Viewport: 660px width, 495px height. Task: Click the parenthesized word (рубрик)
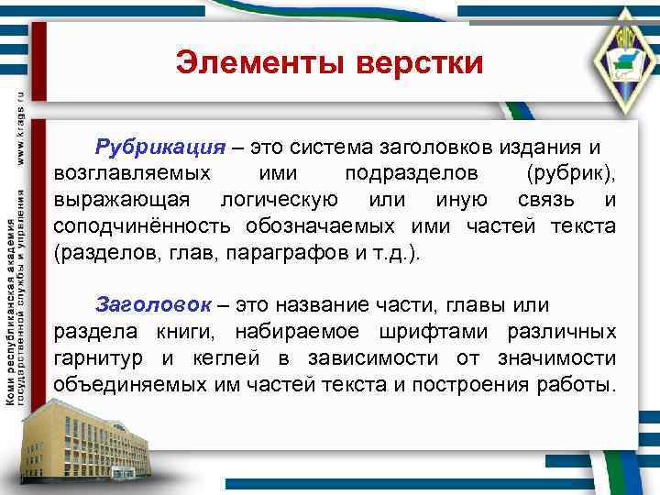(571, 174)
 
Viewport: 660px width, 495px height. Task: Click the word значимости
(559, 357)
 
